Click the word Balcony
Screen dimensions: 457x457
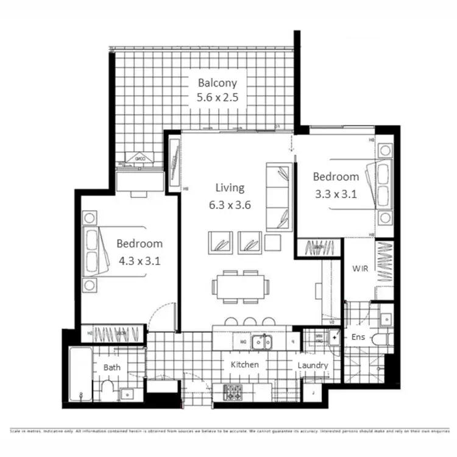pyautogui.click(x=217, y=83)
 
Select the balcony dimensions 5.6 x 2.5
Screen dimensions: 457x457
pyautogui.click(x=217, y=97)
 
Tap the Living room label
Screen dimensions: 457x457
pyautogui.click(x=229, y=188)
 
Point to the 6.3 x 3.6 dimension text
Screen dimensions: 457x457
pyautogui.click(x=229, y=205)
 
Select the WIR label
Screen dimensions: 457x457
pyautogui.click(x=358, y=268)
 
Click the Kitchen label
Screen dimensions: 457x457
pyautogui.click(x=244, y=365)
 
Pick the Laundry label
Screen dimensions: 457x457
pyautogui.click(x=313, y=366)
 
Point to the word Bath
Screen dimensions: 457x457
pyautogui.click(x=112, y=367)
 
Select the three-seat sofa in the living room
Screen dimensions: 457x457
pyautogui.click(x=278, y=197)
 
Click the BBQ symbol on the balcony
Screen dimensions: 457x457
pyautogui.click(x=140, y=158)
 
